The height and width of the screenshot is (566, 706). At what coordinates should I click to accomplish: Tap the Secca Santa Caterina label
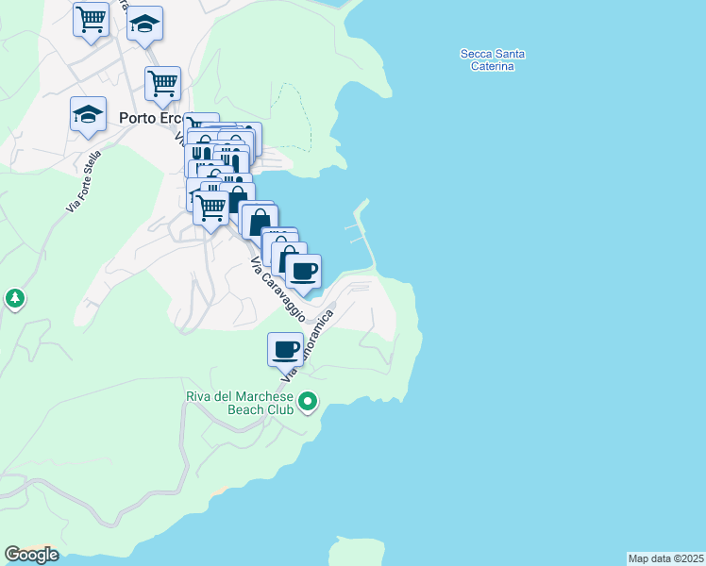(492, 60)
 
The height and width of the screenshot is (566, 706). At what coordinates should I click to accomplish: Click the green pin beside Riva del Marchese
(308, 404)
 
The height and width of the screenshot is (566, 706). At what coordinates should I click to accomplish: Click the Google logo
(31, 555)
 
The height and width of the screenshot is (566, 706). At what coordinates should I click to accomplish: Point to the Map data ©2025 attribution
(665, 558)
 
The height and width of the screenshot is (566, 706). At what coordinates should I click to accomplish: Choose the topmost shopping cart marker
(91, 19)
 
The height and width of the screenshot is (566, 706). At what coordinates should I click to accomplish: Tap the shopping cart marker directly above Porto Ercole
(163, 83)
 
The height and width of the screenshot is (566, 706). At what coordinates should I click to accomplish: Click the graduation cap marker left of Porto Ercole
(88, 114)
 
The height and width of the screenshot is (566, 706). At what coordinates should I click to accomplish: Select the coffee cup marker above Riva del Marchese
(285, 350)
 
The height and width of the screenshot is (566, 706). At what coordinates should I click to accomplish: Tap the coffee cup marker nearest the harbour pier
(303, 272)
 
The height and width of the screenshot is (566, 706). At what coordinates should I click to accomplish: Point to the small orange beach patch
(218, 491)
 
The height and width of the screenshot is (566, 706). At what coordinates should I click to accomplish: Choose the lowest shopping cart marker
(210, 207)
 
